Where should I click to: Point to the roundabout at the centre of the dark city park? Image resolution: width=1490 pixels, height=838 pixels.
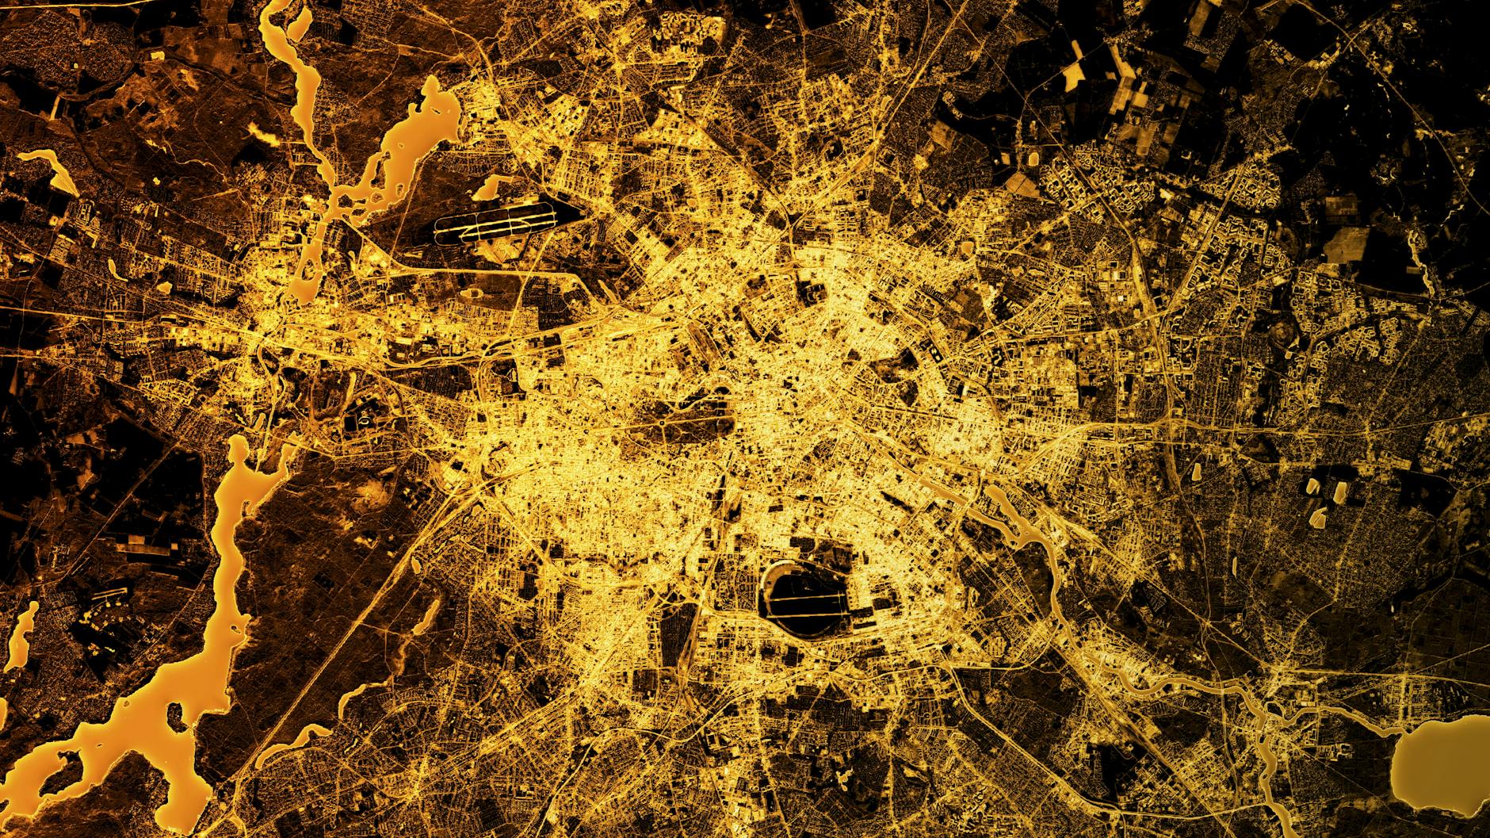[661, 428]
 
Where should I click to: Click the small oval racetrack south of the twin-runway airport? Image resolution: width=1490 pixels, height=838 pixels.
[475, 293]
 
